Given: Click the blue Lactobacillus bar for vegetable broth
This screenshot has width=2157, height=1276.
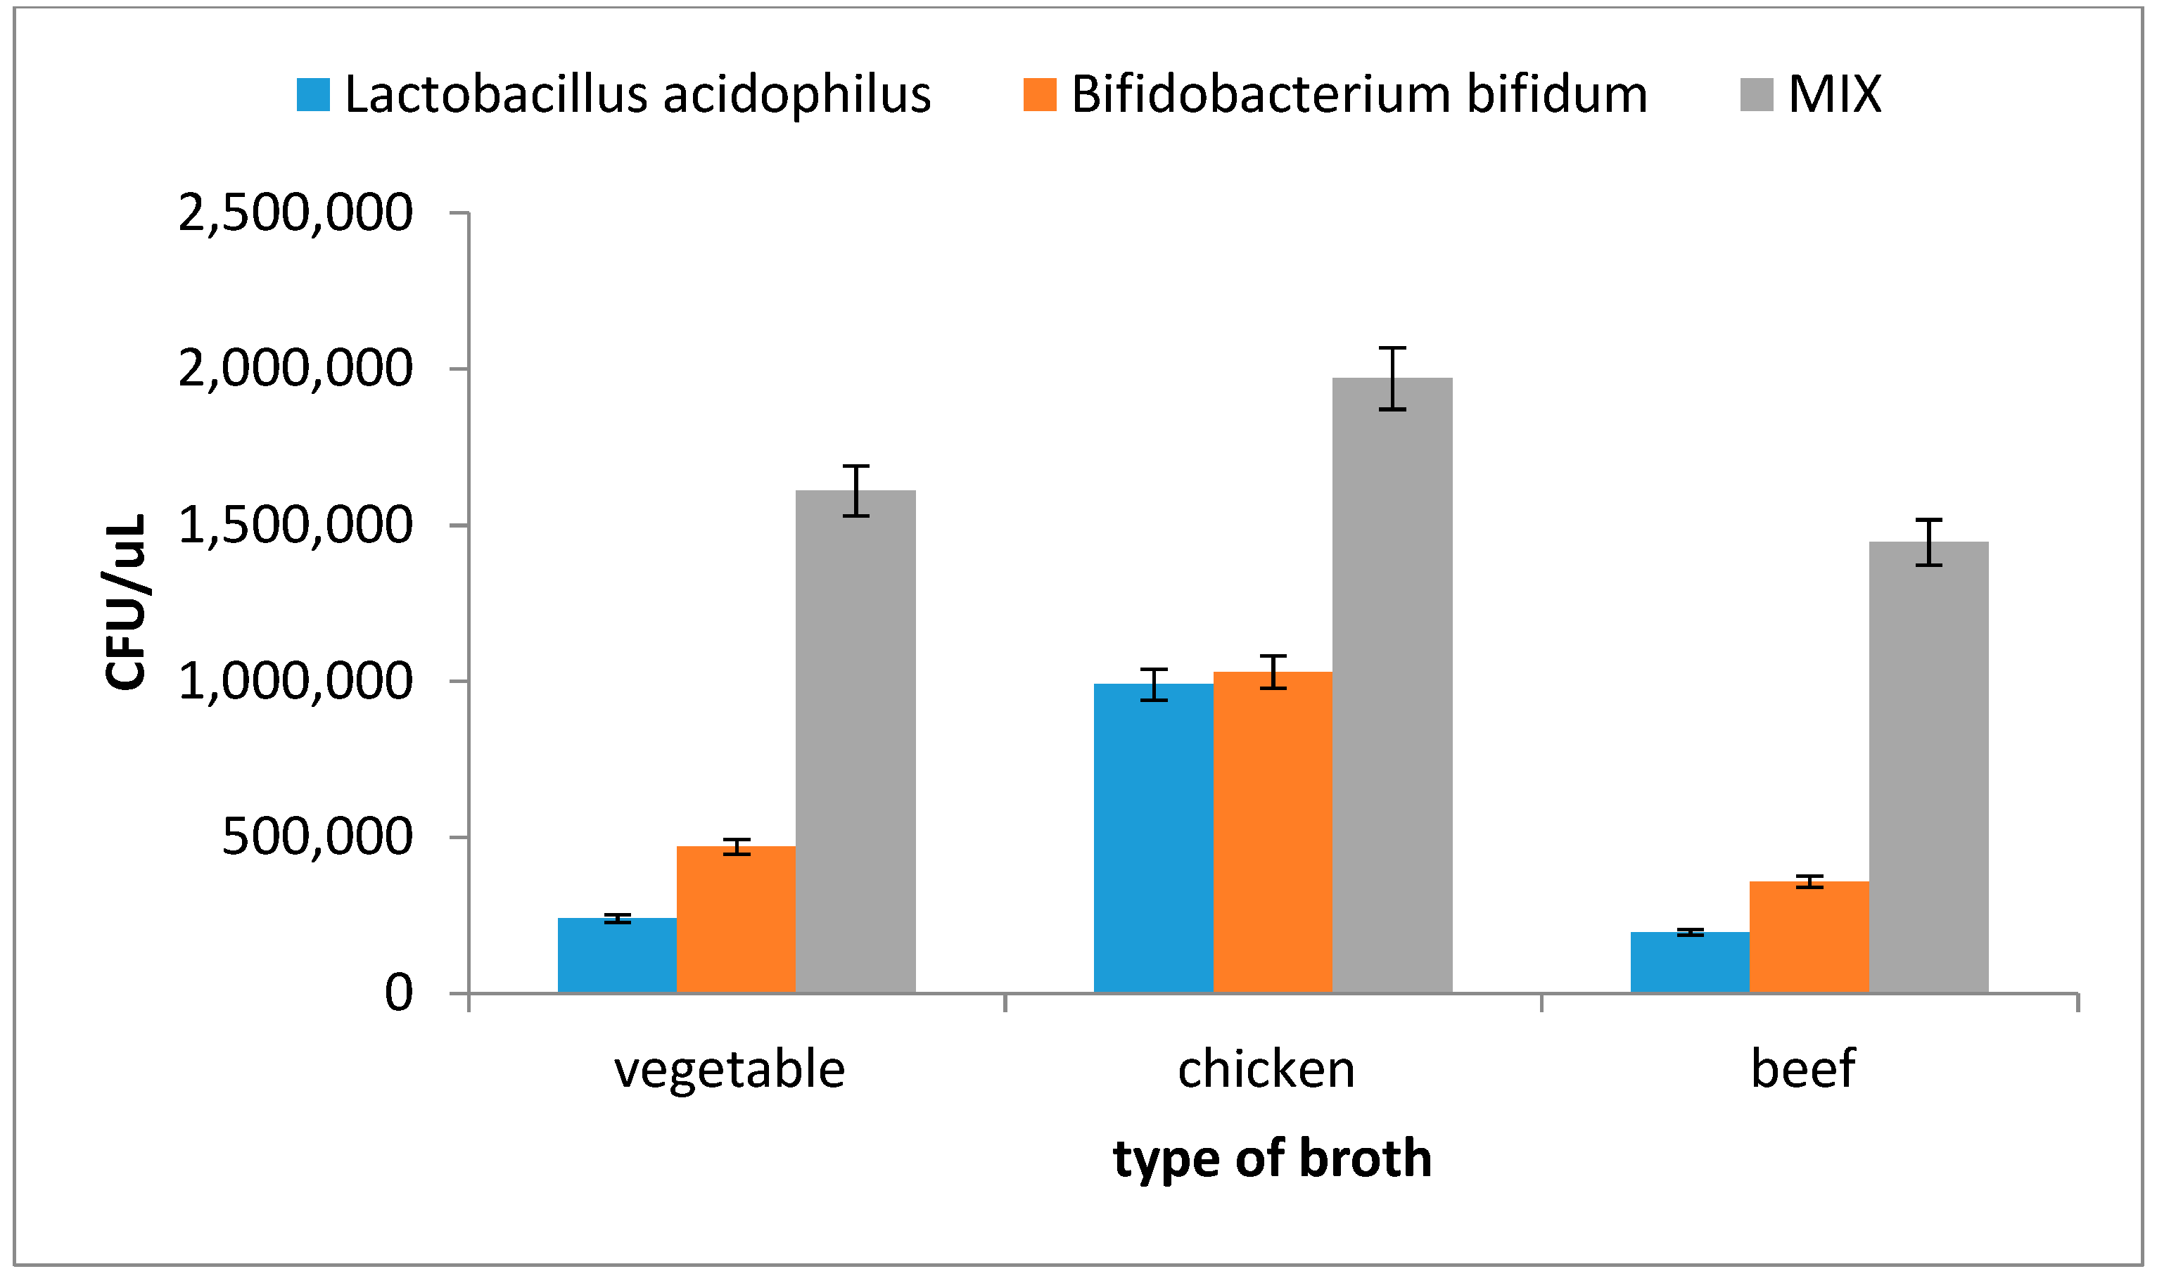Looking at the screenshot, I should (616, 955).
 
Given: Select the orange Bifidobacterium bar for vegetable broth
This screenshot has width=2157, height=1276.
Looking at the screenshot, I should (735, 919).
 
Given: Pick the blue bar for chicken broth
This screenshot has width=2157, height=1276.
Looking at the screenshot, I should (1153, 838).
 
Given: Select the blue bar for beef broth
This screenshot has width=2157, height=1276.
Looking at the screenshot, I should (1689, 962).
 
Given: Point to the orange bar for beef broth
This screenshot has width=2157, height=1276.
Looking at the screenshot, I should (1809, 937).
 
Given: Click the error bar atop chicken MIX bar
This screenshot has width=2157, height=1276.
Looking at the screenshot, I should (1392, 378).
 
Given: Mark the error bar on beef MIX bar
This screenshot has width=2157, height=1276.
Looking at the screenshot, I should (1928, 542).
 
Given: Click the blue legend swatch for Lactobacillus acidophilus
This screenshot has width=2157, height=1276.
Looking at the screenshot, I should (313, 94).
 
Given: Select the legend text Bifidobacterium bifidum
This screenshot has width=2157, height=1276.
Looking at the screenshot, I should (1359, 94).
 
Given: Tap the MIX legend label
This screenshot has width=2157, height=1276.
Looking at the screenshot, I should (1835, 94).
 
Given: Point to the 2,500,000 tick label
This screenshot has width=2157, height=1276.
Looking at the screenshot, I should (295, 212).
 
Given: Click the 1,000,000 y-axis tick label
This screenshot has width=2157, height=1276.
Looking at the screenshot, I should (295, 682).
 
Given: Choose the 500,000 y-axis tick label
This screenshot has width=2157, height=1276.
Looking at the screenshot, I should (317, 836).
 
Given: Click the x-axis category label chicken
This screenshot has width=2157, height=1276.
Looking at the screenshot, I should (1266, 1070).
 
